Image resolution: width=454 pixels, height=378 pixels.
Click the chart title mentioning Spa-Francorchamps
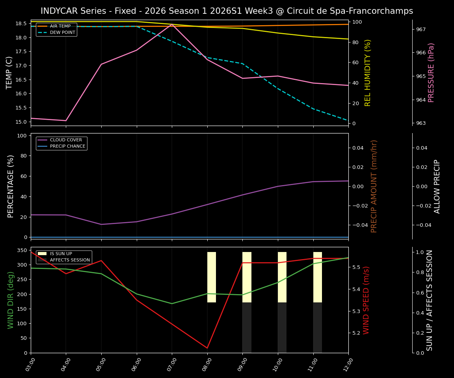pos(227,11)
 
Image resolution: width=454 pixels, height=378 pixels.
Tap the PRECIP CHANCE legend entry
pos(67,146)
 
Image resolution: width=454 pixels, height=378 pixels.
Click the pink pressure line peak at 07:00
pos(172,24)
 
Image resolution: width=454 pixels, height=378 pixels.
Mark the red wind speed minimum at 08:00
pos(207,348)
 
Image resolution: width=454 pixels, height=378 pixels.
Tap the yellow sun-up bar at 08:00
pos(212,277)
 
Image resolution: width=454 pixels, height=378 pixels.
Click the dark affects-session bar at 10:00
pos(282,328)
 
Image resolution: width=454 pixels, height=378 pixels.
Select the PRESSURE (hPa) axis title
pos(431,72)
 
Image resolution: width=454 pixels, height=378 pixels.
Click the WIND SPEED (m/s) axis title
pos(366,300)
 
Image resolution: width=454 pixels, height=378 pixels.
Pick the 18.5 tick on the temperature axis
pos(21,24)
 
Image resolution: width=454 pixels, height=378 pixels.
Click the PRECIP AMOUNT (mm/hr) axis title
pos(374,186)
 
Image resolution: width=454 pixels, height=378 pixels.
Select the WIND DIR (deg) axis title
pos(11,300)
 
